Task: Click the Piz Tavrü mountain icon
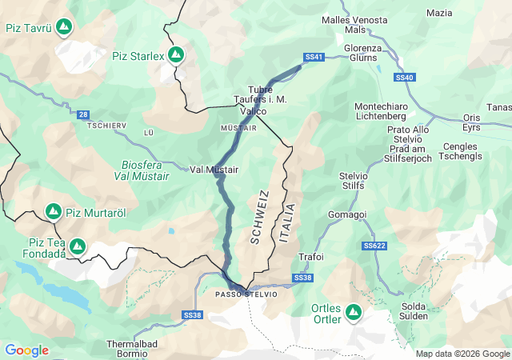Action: click(63, 27)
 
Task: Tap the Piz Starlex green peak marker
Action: click(175, 55)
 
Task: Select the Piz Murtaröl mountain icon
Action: click(54, 212)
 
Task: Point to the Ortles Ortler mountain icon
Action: click(353, 312)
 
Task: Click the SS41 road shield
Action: click(314, 57)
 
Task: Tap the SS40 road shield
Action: click(406, 78)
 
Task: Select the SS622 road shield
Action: click(374, 246)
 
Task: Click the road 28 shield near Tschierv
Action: click(84, 115)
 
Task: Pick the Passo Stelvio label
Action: click(246, 294)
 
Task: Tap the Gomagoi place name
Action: click(347, 214)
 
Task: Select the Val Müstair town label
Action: click(214, 170)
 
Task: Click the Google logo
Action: click(26, 350)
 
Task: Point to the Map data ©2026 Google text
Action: click(462, 354)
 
